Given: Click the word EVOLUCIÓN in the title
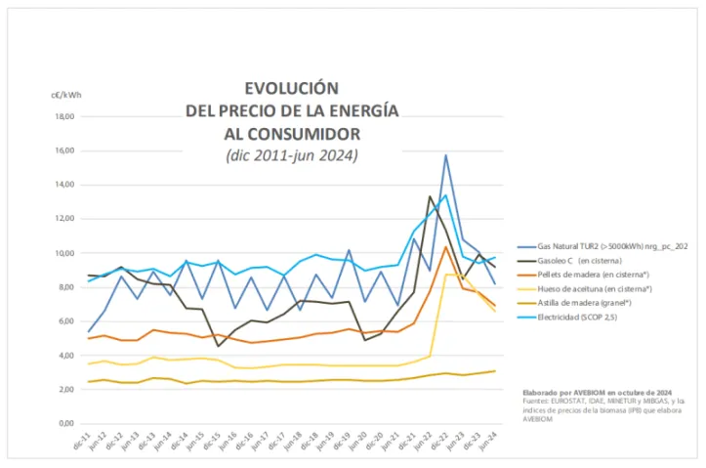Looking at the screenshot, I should tap(291, 87).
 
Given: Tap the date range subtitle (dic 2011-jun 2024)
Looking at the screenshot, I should tap(291, 154).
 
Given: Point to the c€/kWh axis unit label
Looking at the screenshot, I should tap(66, 96).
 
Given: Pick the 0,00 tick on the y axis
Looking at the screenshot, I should tap(65, 424).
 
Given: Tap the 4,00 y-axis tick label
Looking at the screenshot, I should tap(65, 356).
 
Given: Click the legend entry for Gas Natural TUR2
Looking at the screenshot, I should tap(606, 248).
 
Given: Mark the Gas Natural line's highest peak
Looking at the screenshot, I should tap(446, 155).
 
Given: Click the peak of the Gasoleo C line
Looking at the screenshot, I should tap(430, 196).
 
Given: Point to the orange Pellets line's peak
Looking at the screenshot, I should tap(446, 246).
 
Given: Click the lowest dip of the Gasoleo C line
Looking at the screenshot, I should tap(218, 346).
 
